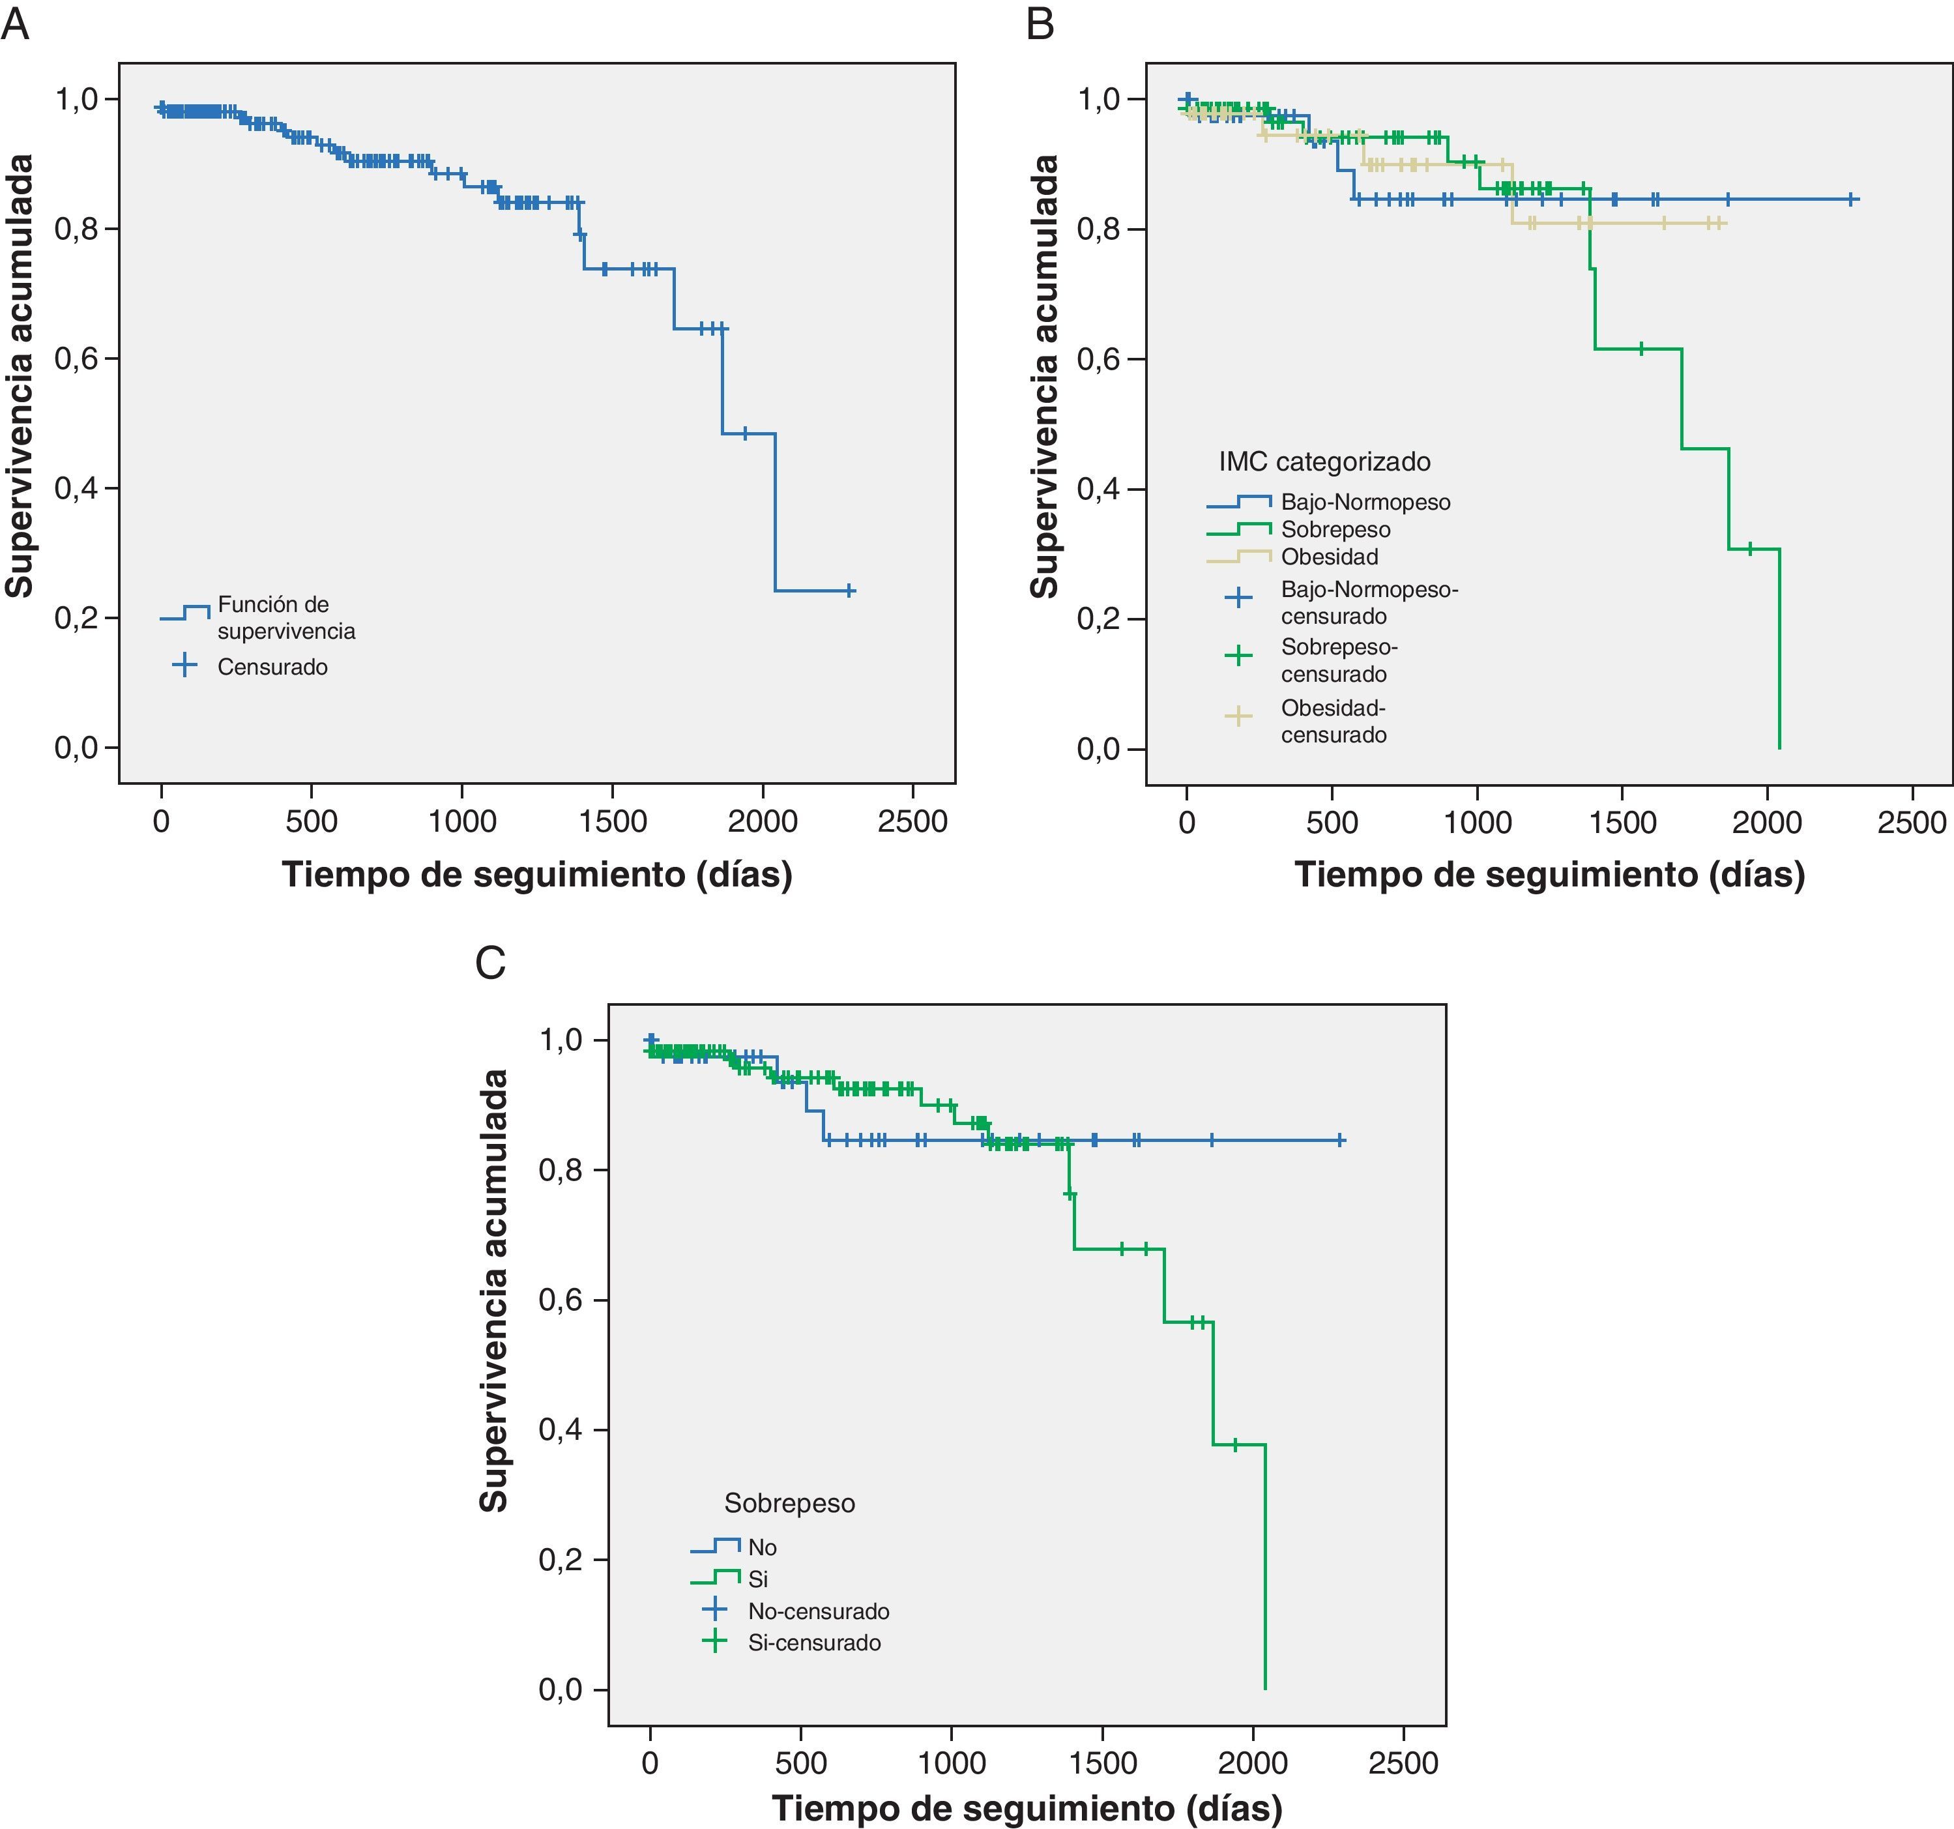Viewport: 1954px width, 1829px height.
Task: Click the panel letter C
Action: (x=491, y=963)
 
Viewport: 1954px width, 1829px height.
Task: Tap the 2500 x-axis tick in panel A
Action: (x=912, y=822)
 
